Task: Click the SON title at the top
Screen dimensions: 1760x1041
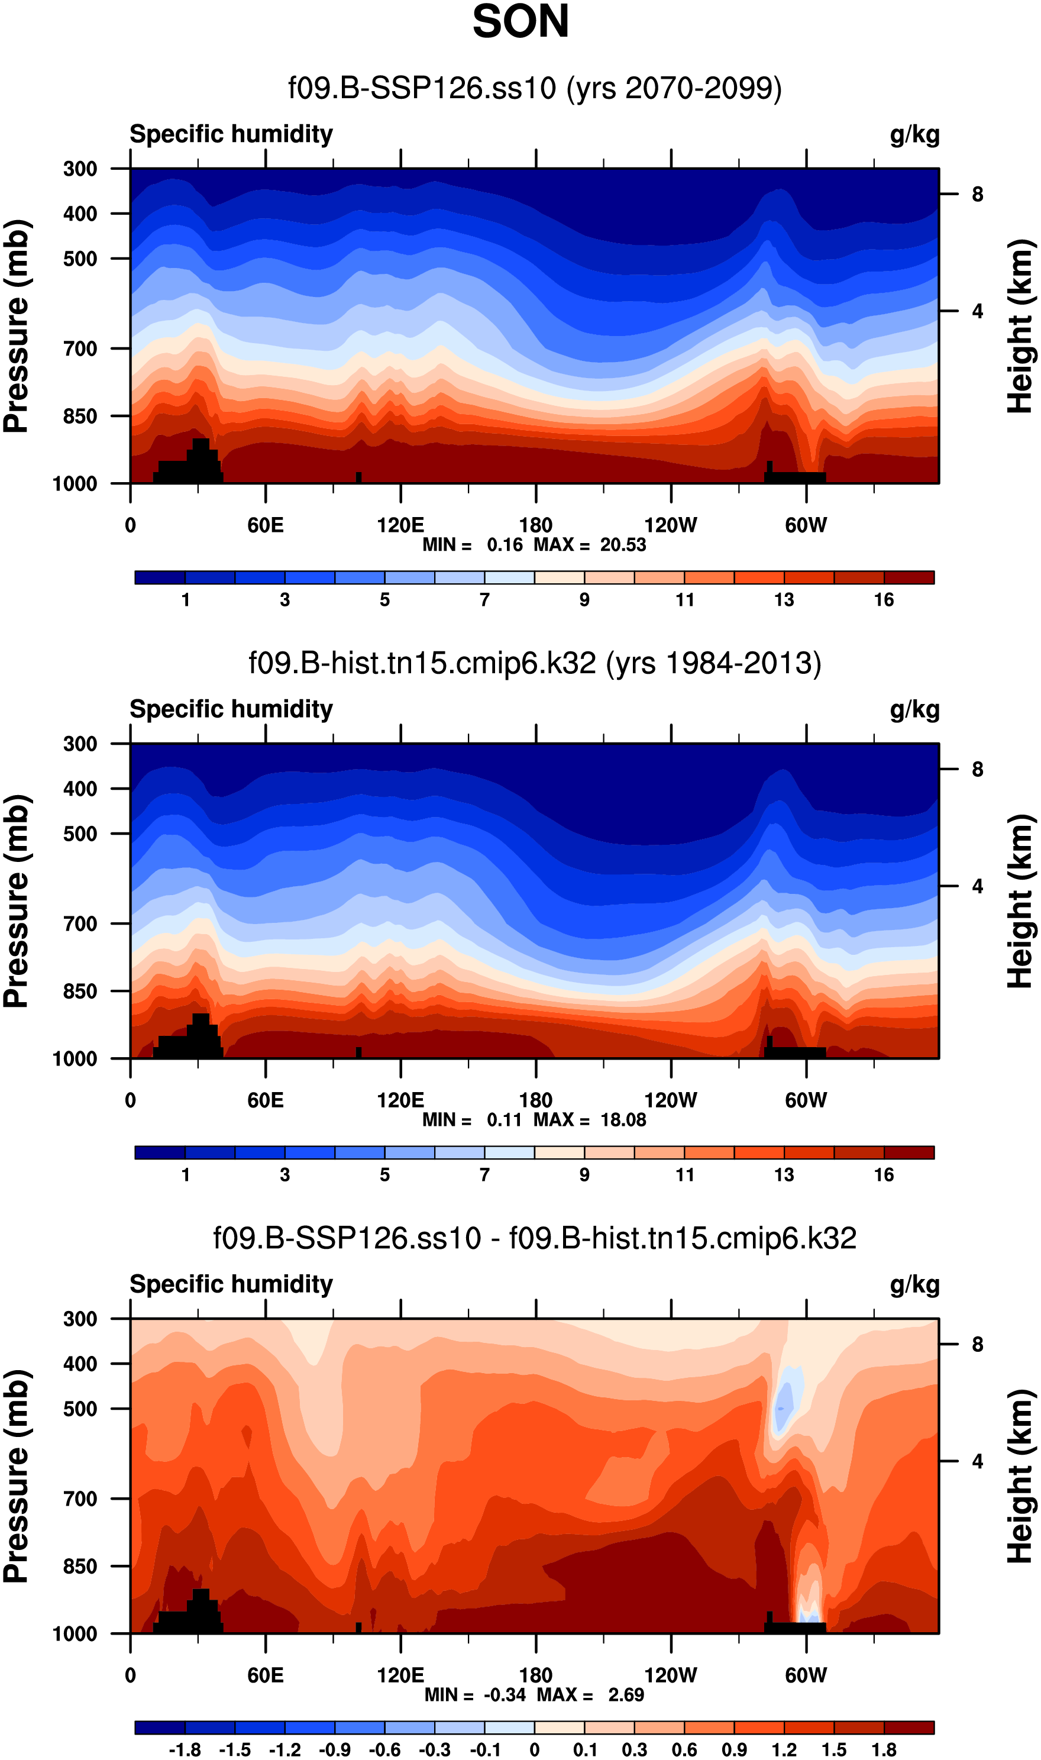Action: click(x=520, y=22)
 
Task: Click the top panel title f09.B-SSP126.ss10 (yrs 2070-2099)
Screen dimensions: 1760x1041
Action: click(x=535, y=88)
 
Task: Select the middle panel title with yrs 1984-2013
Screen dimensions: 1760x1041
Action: click(x=535, y=663)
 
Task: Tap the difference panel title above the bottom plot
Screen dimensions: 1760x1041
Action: click(x=535, y=1238)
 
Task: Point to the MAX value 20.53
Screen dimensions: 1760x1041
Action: click(x=623, y=545)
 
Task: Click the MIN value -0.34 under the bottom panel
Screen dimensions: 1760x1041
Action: click(x=505, y=1695)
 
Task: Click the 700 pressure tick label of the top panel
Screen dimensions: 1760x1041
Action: click(x=80, y=348)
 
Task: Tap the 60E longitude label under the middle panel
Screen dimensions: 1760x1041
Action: click(x=265, y=1100)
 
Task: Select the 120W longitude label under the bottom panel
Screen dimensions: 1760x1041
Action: click(x=671, y=1675)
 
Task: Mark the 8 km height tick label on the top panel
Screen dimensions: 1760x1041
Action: click(x=977, y=194)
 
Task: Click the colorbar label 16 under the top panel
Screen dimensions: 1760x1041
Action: click(x=884, y=600)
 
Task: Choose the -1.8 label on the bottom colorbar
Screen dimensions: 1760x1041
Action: click(x=185, y=1749)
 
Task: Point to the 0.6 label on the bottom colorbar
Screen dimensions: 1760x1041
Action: click(x=685, y=1749)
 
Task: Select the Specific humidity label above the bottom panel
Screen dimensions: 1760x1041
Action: click(x=231, y=1284)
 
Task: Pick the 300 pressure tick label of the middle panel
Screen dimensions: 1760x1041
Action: click(x=80, y=744)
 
